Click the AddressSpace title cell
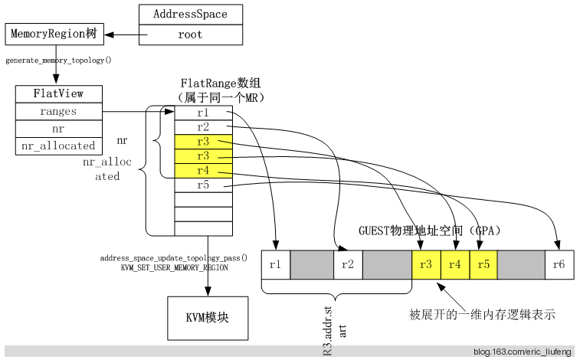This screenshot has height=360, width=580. coord(189,14)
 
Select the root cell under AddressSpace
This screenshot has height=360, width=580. coord(189,34)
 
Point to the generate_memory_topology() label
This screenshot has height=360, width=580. coord(58,60)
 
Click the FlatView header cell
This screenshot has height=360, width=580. coord(58,94)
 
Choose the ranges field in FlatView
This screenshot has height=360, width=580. coord(58,112)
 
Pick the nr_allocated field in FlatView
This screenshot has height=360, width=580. coord(58,146)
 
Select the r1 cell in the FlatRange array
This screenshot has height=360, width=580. coord(203,113)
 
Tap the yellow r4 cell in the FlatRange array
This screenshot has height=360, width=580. coord(203,171)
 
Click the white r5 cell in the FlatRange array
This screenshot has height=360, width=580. coord(203,185)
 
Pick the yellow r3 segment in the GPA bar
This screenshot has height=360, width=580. coord(425,265)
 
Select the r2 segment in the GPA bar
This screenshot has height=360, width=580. coord(348,265)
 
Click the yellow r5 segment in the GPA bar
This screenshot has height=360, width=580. coord(483,265)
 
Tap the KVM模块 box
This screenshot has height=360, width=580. coord(208,317)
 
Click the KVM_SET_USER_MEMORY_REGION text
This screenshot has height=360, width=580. coord(174,268)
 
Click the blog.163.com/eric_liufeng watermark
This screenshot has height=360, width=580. coord(522,352)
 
